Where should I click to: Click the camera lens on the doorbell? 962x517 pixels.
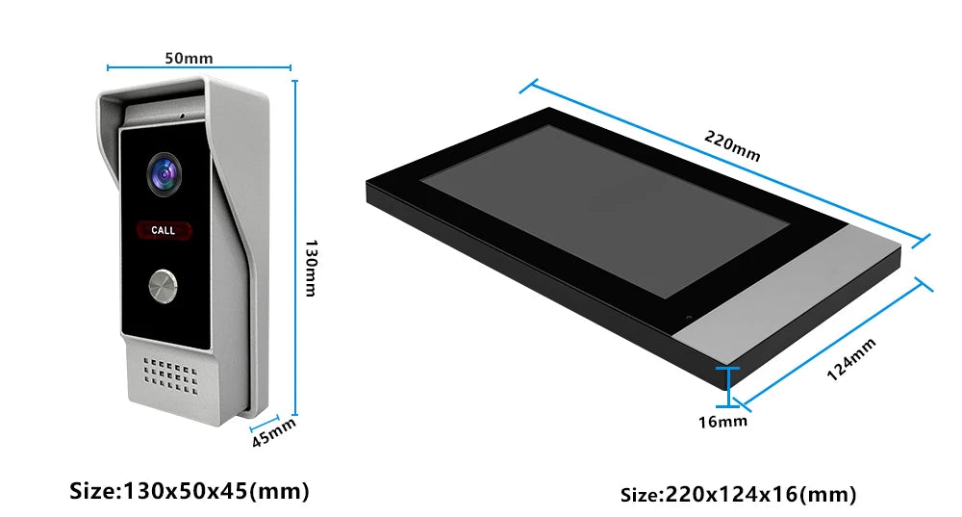[164, 174]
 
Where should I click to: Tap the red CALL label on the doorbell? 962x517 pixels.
[164, 230]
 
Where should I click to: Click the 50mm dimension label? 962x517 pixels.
[189, 59]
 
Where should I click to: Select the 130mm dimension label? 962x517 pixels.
[311, 269]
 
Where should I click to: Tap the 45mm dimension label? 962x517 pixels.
[273, 432]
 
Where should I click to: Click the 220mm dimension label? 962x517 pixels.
[732, 145]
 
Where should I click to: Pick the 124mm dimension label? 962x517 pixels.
[851, 360]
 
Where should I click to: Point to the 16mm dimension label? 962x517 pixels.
[722, 422]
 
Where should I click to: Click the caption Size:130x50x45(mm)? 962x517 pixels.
[189, 491]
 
